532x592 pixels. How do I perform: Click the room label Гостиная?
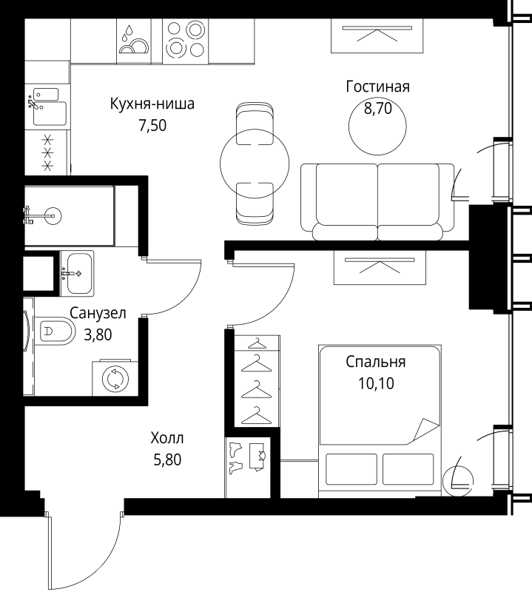point(377,87)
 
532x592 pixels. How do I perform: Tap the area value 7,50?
point(152,125)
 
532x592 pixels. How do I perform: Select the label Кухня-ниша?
point(152,104)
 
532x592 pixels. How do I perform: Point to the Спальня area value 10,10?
point(376,383)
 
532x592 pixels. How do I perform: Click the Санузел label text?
point(98,313)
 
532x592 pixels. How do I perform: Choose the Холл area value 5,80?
point(167,460)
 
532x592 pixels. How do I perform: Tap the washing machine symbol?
point(115,378)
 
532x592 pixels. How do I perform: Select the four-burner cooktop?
point(186,41)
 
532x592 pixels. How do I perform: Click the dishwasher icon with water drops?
point(134,41)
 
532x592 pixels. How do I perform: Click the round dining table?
point(255,163)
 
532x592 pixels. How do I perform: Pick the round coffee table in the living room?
point(377,126)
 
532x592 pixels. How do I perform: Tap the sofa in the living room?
point(377,202)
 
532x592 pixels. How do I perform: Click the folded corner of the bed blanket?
point(426,430)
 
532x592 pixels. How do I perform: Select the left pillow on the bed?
point(351,469)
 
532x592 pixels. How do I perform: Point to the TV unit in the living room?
point(377,36)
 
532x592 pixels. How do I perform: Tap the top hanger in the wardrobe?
point(257,343)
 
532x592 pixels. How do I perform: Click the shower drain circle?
point(53,216)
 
